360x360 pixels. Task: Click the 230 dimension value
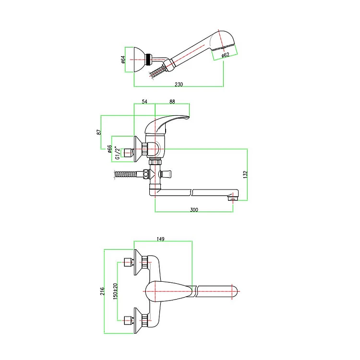[x=179, y=84]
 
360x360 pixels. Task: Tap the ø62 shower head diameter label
[x=226, y=55]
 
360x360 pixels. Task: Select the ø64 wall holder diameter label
[x=123, y=60]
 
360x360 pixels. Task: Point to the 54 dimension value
[x=144, y=101]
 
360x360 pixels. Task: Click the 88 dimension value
[x=172, y=101]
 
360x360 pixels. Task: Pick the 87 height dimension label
[x=99, y=132]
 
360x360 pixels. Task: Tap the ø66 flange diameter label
[x=109, y=149]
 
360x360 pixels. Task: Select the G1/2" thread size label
[x=117, y=153]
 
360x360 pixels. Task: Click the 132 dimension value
[x=245, y=175]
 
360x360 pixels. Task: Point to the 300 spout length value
[x=194, y=210]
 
